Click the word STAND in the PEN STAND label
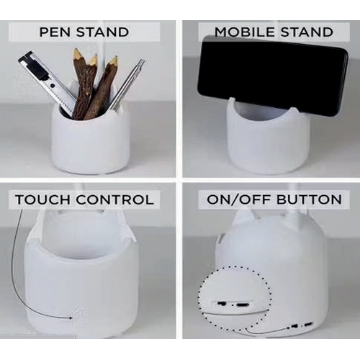coord(103,32)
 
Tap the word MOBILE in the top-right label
coord(244,32)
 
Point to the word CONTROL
coord(116,199)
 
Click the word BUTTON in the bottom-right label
coord(309,199)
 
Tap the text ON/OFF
coord(239,199)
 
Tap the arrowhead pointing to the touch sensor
coord(71,318)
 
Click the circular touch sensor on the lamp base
coord(78,315)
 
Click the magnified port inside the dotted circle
coord(233,305)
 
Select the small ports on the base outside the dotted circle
coord(302,325)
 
